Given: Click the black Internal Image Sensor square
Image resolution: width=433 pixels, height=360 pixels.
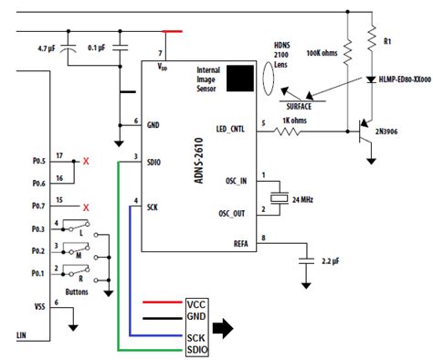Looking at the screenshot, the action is click(240, 79).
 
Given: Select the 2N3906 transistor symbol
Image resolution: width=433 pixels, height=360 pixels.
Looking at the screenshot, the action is click(364, 132).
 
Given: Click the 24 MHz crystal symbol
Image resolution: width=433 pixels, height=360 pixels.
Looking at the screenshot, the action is click(280, 198).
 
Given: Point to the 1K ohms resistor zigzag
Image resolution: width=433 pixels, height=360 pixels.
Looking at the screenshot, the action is click(287, 132).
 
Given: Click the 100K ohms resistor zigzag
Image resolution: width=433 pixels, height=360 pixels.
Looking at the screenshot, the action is click(348, 51).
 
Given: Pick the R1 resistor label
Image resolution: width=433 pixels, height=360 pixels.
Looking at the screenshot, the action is click(387, 41).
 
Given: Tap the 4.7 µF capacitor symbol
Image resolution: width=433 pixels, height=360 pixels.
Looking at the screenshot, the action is click(68, 48).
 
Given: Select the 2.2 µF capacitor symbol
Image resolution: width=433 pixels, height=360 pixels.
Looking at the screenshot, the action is click(306, 261).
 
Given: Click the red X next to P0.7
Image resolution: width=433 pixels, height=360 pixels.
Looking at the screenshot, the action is click(86, 207).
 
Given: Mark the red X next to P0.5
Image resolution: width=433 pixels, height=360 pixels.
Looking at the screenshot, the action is click(86, 161).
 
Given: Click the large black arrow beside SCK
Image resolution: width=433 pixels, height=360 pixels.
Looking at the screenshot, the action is click(223, 328).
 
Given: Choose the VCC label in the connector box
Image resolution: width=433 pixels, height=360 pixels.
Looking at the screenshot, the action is click(196, 304).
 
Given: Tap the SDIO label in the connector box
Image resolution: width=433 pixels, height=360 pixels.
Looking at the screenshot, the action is click(197, 350).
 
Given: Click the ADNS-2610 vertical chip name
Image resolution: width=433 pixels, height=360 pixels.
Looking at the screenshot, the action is click(199, 161).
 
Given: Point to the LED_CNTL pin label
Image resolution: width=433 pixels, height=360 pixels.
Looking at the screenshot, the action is click(230, 129).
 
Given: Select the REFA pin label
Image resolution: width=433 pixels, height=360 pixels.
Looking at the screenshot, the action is click(241, 244).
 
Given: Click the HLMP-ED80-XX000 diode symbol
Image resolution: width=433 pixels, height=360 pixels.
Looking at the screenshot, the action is click(371, 79).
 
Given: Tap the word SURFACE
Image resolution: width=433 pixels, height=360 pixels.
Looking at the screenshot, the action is click(299, 107).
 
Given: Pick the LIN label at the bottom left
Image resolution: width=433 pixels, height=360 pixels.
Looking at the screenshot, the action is click(21, 335).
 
